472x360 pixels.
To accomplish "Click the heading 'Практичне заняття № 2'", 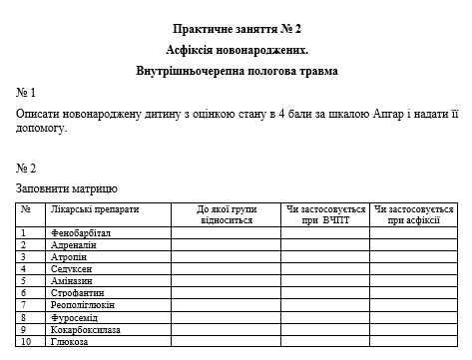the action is tap(236, 30).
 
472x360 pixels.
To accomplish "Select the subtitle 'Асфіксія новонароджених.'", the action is tap(236, 50).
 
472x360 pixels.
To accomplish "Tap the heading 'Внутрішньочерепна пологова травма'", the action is tap(236, 71).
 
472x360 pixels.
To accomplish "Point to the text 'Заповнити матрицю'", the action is tap(67, 187).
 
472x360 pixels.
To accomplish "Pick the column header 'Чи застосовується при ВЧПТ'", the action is tap(326, 214).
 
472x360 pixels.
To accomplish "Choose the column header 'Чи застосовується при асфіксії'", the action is tap(412, 214).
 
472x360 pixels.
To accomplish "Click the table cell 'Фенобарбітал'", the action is tap(80, 232).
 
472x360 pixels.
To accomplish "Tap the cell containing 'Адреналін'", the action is tap(73, 244).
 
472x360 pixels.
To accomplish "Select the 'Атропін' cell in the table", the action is tap(69, 256).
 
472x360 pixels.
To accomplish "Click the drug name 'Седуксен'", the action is tap(71, 268).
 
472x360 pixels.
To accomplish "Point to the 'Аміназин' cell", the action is tap(72, 280).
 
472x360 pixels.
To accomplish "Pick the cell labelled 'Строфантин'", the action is tap(77, 292).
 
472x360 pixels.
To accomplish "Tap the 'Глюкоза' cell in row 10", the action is tap(69, 341).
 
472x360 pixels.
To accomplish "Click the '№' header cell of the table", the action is tap(27, 209).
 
